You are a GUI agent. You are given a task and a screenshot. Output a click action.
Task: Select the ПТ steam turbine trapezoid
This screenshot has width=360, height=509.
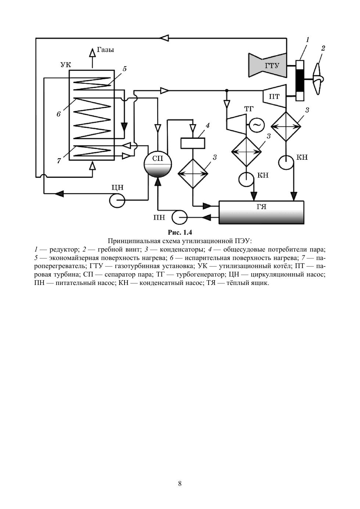[x=274, y=97]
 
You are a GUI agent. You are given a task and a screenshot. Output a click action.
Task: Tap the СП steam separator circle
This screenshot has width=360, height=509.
[x=158, y=164]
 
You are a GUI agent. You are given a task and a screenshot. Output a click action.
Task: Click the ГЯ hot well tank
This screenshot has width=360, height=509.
[x=261, y=213]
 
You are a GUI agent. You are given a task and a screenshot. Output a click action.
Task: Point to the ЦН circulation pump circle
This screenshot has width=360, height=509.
[x=117, y=200]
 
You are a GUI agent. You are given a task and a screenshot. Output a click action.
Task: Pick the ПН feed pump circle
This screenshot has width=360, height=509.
[x=180, y=217]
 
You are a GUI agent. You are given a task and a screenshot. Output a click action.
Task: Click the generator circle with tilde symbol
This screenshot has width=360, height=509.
[x=256, y=125]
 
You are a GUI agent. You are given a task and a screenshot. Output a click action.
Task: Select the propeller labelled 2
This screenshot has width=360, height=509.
[x=317, y=79]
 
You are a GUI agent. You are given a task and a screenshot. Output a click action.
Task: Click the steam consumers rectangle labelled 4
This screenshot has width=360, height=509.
[x=193, y=143]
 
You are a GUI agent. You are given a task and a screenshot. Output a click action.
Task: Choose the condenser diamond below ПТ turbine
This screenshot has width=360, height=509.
[x=286, y=127]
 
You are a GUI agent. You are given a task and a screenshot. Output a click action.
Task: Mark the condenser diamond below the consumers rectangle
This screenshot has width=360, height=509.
[x=193, y=174]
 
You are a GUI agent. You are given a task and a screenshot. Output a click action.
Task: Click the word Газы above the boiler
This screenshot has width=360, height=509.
[x=105, y=50]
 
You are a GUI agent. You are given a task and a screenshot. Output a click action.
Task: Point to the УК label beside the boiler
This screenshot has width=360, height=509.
[x=66, y=65]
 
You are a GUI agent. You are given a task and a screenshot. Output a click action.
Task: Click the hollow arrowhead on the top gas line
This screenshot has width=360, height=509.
[x=164, y=38]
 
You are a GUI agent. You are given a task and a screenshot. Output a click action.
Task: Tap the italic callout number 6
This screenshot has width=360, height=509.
[x=59, y=114]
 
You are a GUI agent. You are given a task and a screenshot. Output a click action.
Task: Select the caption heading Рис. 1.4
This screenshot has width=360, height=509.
[x=180, y=232]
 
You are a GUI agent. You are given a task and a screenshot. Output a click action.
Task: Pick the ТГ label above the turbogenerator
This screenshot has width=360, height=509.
[x=249, y=109]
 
